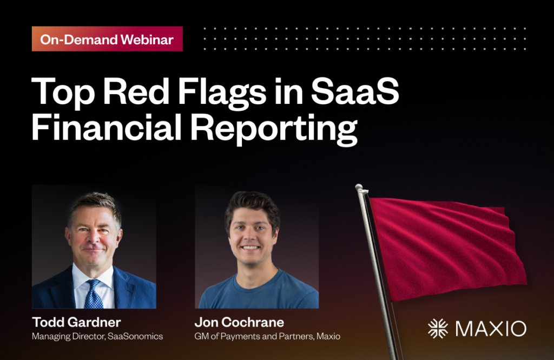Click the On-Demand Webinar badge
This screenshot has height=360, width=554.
point(107,39)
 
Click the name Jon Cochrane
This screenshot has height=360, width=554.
point(239,323)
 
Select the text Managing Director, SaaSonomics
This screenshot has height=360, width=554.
point(97,337)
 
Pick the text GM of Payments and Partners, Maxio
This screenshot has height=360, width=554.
point(267,337)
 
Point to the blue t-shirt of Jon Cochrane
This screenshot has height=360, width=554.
point(254,295)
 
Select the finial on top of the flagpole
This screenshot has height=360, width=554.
point(360,188)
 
